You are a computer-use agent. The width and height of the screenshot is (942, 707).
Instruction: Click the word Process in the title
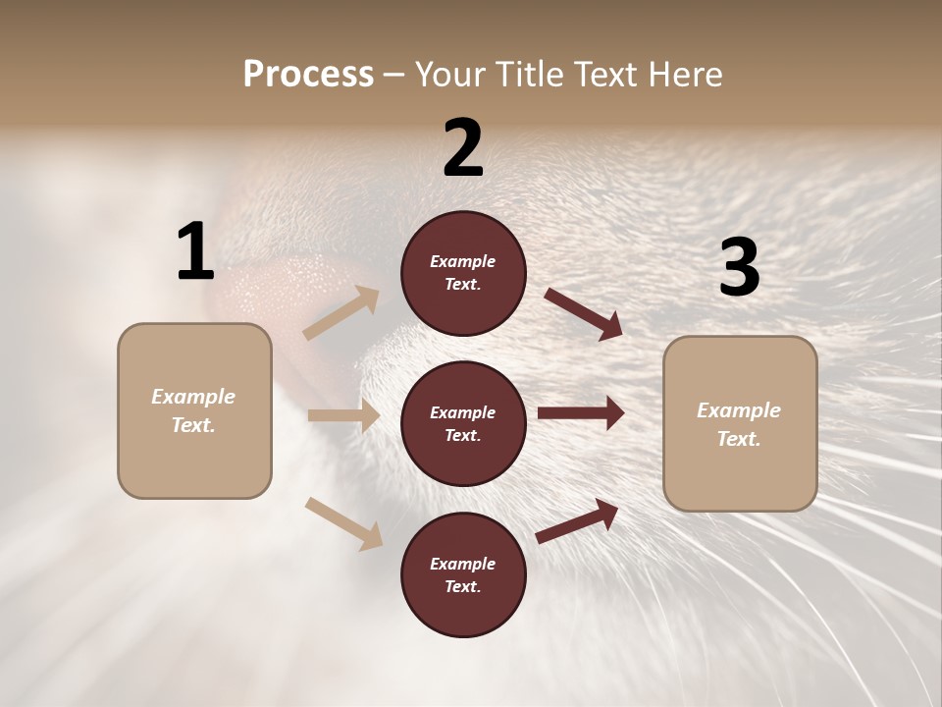[308, 75]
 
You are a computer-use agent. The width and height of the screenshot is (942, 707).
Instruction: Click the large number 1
[195, 252]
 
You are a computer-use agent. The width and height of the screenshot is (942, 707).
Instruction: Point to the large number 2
[463, 148]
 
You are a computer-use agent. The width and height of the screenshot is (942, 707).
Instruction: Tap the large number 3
[739, 268]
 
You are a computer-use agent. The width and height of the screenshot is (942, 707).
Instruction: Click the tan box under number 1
[194, 410]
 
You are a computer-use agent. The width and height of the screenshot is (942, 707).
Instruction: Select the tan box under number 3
[740, 424]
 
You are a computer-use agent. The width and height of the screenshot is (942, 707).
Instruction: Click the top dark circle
[463, 273]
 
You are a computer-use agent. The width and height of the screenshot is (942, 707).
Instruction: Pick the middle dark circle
[463, 424]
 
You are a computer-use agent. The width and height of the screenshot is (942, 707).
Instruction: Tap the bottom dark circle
[463, 575]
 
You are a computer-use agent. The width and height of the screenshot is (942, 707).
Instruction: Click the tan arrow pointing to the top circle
[341, 313]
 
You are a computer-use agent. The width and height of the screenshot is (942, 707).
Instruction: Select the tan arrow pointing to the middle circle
[343, 415]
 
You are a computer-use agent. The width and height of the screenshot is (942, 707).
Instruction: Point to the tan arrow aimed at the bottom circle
[344, 523]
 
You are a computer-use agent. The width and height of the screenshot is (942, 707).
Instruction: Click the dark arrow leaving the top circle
[583, 313]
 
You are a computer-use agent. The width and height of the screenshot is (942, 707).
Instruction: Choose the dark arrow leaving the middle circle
[581, 413]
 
